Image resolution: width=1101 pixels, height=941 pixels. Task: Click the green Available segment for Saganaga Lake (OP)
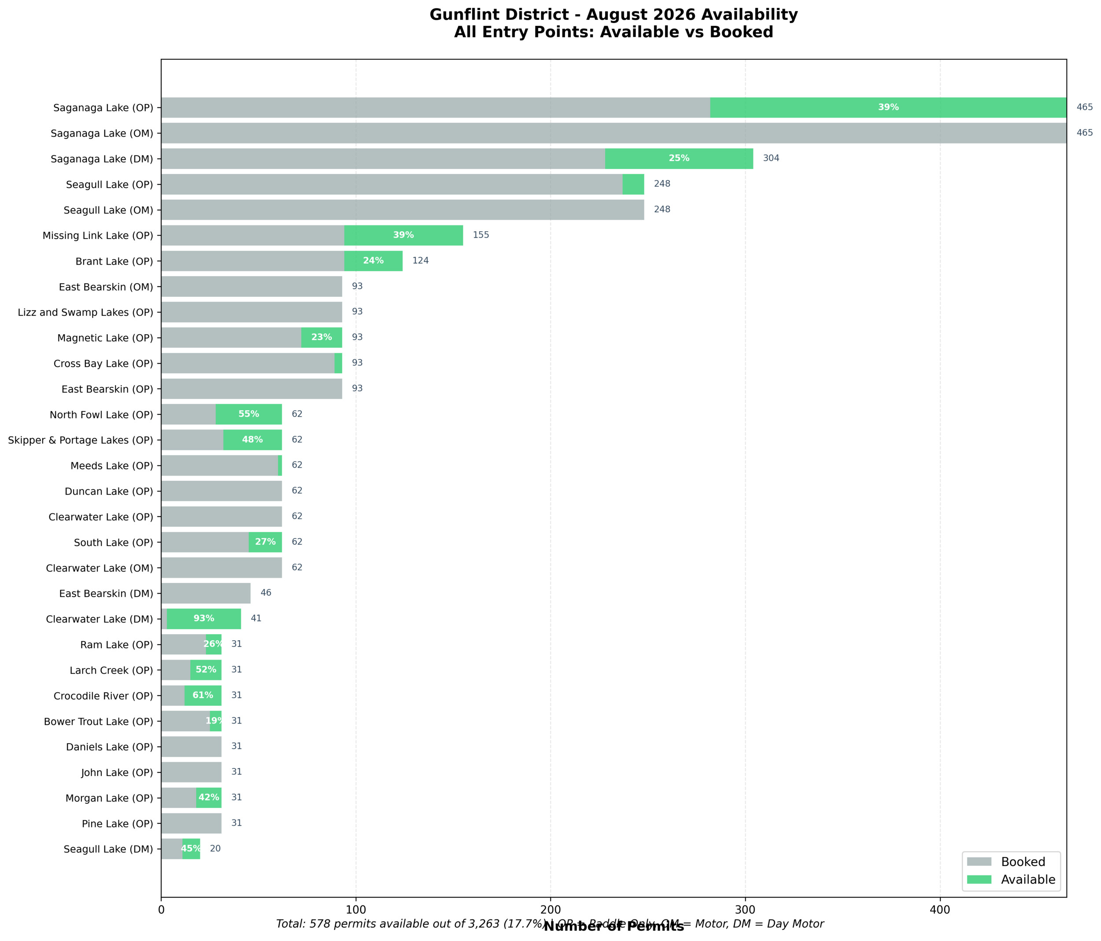pos(887,107)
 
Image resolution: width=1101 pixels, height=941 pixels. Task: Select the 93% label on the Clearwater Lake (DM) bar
pos(203,619)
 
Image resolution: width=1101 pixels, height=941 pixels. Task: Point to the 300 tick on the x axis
pos(745,910)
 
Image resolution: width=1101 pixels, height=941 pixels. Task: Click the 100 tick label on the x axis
pos(355,910)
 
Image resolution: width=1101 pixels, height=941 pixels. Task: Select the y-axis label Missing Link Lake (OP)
pos(98,236)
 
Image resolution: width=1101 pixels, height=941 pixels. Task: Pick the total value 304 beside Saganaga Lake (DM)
pos(771,159)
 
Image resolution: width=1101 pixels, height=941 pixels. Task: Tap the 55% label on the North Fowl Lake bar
pos(249,414)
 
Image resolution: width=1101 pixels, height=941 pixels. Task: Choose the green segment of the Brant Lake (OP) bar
pos(373,261)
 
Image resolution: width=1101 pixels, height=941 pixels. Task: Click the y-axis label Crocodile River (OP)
pos(103,696)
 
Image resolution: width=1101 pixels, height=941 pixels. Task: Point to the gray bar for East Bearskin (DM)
pos(206,593)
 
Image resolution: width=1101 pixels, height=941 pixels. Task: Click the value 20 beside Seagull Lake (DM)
pos(215,849)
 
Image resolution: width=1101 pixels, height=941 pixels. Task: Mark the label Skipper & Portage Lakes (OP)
pos(80,440)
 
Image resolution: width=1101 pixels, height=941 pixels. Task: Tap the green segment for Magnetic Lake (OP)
pos(321,337)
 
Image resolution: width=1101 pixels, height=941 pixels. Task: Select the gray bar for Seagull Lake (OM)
pos(402,210)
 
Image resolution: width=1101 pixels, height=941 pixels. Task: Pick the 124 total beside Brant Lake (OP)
pos(420,260)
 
